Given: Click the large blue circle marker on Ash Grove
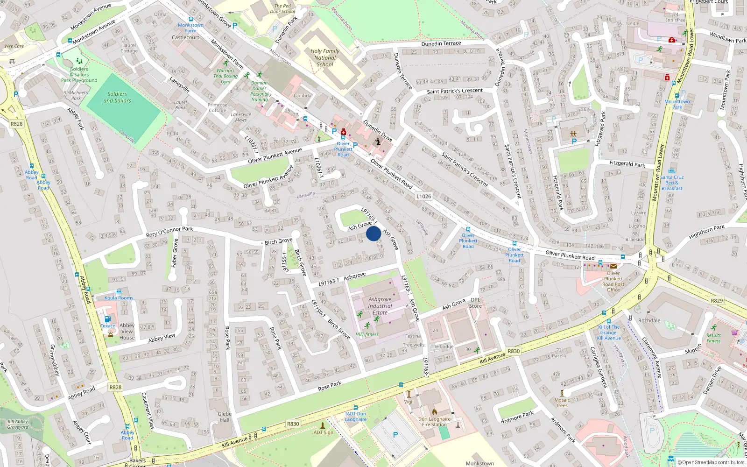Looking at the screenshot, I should pos(373,233).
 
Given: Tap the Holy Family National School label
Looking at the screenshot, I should pos(325,58).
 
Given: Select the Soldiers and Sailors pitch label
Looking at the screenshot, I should pos(117,97).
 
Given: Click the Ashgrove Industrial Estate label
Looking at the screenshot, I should pos(380,306).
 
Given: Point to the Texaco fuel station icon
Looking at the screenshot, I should pos(107,319).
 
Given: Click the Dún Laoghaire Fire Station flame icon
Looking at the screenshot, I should pos(434,412).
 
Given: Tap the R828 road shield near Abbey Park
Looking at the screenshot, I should pos(16,124).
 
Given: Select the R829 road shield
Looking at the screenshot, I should pos(716,301).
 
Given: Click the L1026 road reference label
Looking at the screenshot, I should pos(423,196).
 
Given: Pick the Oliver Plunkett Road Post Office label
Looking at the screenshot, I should pos(613,282).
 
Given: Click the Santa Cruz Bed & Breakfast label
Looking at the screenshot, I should pos(672,183).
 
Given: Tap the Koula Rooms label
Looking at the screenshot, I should pos(119,298).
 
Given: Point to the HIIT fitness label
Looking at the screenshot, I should pos(367,334).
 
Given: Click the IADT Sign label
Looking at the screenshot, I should pos(323,432).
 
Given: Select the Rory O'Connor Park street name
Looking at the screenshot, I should pos(169,232).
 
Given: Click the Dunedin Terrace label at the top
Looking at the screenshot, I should pos(441,43).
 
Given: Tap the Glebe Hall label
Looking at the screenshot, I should pos(225,417).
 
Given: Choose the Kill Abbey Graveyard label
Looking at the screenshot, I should pos(18,424).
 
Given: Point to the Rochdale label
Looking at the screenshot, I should pos(649,320).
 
